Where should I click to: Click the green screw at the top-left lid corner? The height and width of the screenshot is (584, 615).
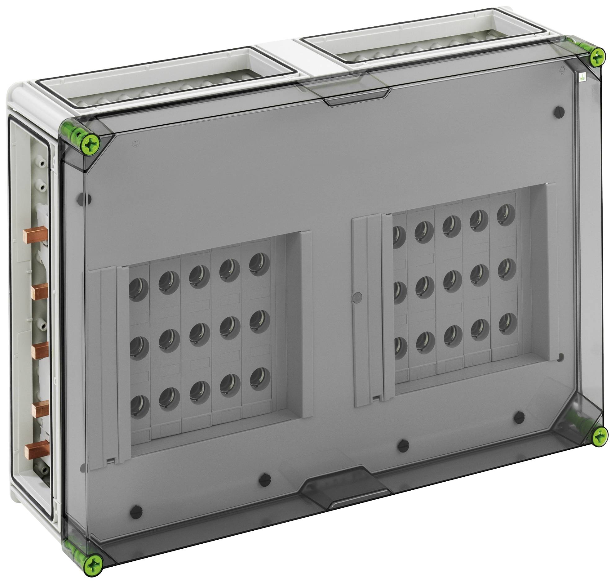90,144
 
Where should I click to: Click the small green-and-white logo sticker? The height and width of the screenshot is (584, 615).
582,78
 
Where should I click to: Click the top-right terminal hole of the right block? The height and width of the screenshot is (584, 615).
506,215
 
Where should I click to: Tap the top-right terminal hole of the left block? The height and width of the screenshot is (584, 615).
259,264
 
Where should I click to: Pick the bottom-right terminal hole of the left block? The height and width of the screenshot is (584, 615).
259,379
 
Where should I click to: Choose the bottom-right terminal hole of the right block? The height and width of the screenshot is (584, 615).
507,324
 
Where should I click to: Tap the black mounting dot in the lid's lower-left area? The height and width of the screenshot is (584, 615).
137,516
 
